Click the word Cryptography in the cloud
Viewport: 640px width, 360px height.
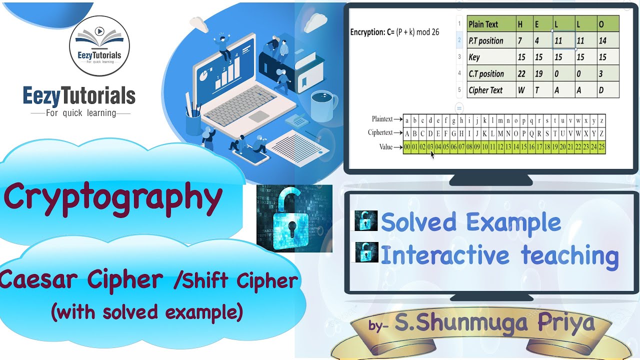click(x=113, y=197)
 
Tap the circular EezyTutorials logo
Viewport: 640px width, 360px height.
click(x=99, y=45)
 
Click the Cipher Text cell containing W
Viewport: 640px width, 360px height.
click(x=523, y=90)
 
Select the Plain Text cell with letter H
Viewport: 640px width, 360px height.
click(x=523, y=24)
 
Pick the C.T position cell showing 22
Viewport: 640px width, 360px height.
click(x=523, y=73)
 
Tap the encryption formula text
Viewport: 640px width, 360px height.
click(x=394, y=32)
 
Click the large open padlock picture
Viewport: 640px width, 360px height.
click(x=294, y=218)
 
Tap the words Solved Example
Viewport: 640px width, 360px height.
click(x=470, y=222)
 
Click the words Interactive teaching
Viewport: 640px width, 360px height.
click(x=499, y=255)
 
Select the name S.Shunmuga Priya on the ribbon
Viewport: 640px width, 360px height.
click(x=495, y=323)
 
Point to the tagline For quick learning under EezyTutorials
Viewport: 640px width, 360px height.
click(x=80, y=113)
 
